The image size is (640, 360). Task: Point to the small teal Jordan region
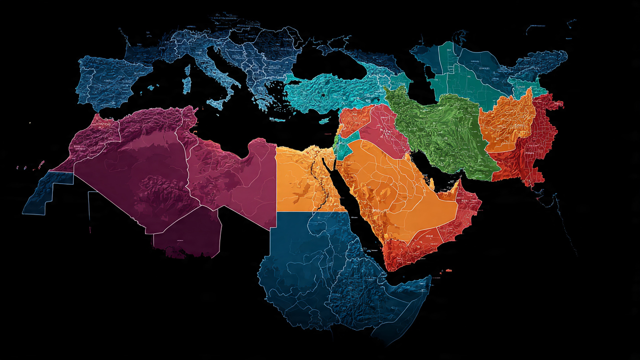347,144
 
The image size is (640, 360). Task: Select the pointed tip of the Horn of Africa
429,278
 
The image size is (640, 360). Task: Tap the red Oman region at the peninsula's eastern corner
467,209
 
